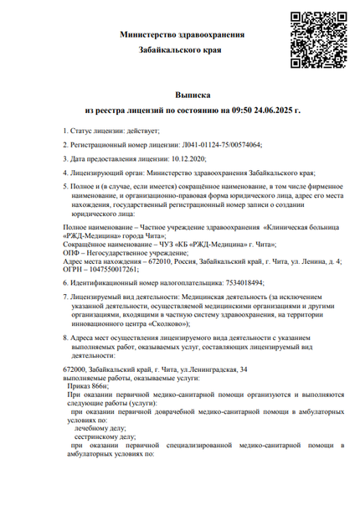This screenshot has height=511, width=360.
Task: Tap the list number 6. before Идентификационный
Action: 67,282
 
